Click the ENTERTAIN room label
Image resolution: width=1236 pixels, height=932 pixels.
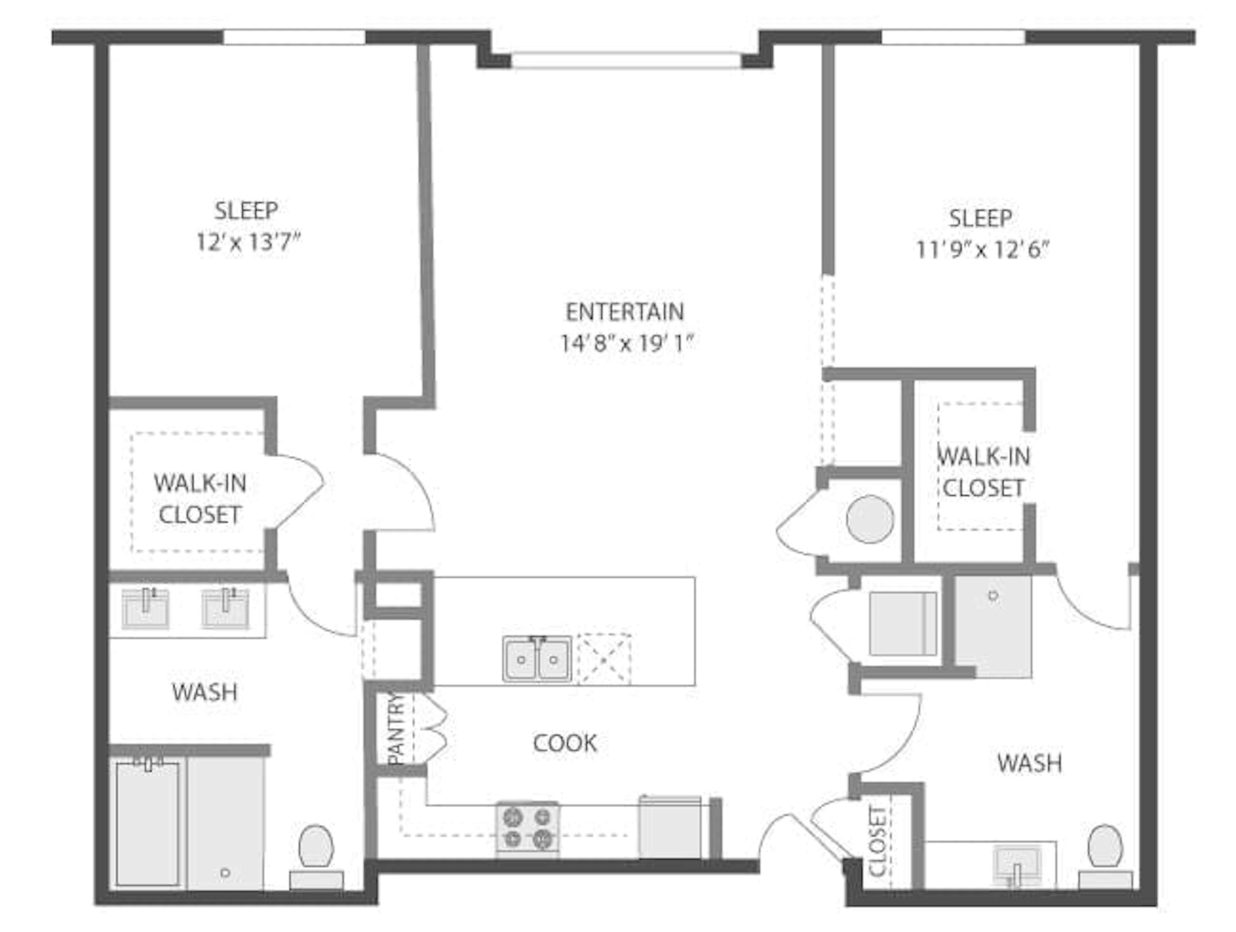pyautogui.click(x=625, y=312)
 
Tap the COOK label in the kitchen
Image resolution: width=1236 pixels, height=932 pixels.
pyautogui.click(x=565, y=743)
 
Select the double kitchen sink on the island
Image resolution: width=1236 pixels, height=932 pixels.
pyautogui.click(x=537, y=659)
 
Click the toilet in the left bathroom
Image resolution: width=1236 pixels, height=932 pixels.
pyautogui.click(x=316, y=855)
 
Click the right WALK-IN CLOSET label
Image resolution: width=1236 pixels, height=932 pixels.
pyautogui.click(x=983, y=472)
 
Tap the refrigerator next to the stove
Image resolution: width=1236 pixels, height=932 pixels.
pyautogui.click(x=670, y=827)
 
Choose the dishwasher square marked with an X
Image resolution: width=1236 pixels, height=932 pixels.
pyautogui.click(x=604, y=659)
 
